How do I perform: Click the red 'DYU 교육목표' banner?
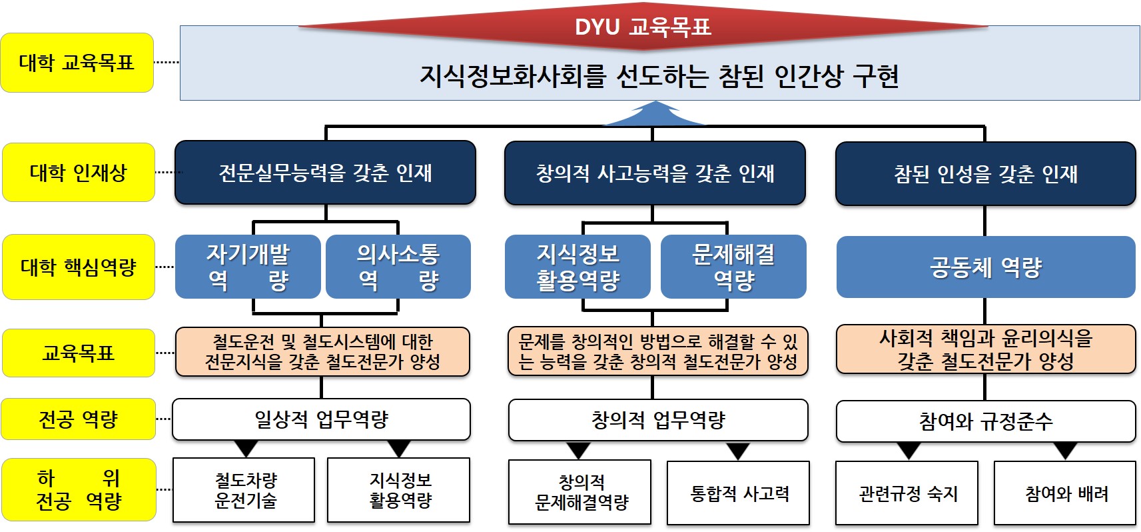(643, 27)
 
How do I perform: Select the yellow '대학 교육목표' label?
(77, 63)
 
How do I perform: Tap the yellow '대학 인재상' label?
(79, 173)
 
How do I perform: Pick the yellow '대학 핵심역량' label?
(79, 267)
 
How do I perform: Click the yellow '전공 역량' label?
(79, 419)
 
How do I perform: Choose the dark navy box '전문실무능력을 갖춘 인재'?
(325, 173)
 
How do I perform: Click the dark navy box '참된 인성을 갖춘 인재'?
(985, 173)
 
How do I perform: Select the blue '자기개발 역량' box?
(248, 267)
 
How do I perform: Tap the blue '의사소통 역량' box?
(398, 267)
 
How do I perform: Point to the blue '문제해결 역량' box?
(733, 267)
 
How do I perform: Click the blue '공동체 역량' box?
(986, 267)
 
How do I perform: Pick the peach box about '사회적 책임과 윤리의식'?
(986, 349)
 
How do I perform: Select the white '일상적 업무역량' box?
(321, 419)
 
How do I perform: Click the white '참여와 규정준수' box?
(986, 421)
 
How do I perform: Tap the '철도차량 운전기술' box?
(244, 490)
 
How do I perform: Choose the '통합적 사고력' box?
(738, 493)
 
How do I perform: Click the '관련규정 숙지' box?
(907, 493)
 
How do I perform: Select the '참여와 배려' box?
(1064, 493)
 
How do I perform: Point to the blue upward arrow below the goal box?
(654, 114)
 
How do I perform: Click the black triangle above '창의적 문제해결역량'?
(578, 451)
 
